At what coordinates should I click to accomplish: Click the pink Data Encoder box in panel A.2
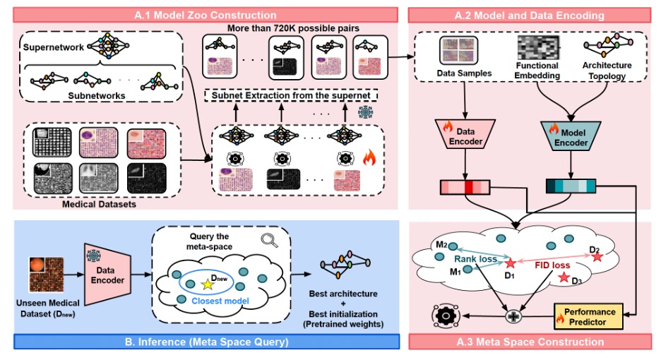point(465,134)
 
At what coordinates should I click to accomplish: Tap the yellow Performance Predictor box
point(588,316)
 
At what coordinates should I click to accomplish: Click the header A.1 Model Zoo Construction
point(206,15)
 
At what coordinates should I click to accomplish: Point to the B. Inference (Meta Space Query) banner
point(206,342)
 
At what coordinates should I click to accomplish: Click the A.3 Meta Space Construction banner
point(530,342)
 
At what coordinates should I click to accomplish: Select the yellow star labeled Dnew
point(207,284)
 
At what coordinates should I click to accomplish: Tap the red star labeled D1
point(511,263)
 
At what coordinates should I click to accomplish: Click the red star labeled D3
point(564,277)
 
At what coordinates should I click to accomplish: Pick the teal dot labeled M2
point(453,246)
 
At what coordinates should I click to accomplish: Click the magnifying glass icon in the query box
point(269,240)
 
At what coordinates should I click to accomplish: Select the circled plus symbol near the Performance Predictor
point(513,316)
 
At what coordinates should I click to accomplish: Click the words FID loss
point(552,265)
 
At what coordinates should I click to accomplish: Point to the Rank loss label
point(475,259)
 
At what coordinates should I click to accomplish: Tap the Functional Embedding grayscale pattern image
point(538,47)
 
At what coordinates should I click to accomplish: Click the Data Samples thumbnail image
point(459,51)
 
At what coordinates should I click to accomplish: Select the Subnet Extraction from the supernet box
point(291,96)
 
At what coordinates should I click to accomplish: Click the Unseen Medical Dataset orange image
point(47,275)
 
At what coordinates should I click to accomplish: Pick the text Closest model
point(220,301)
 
